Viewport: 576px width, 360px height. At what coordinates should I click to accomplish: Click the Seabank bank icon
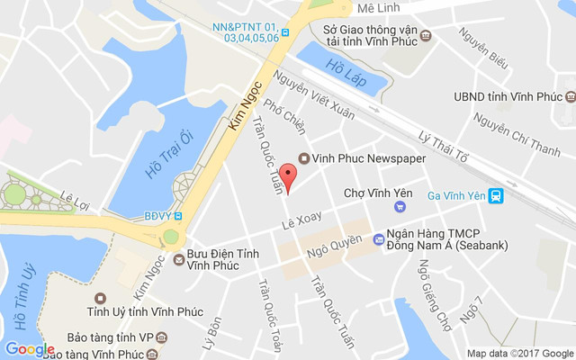point(378,239)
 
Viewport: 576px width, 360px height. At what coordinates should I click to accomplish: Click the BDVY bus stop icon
point(177,216)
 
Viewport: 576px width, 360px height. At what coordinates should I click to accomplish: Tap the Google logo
point(30,349)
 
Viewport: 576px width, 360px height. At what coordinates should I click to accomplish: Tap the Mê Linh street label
point(377,7)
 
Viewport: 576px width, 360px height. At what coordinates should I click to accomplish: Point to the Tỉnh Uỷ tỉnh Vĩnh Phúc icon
point(99,298)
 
